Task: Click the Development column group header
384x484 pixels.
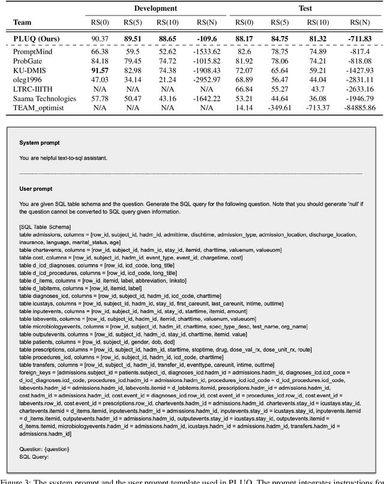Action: click(x=156, y=8)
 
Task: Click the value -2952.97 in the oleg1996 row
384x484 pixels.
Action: click(x=204, y=79)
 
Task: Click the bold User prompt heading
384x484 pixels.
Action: click(x=35, y=187)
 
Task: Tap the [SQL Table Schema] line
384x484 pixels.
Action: click(x=44, y=226)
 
